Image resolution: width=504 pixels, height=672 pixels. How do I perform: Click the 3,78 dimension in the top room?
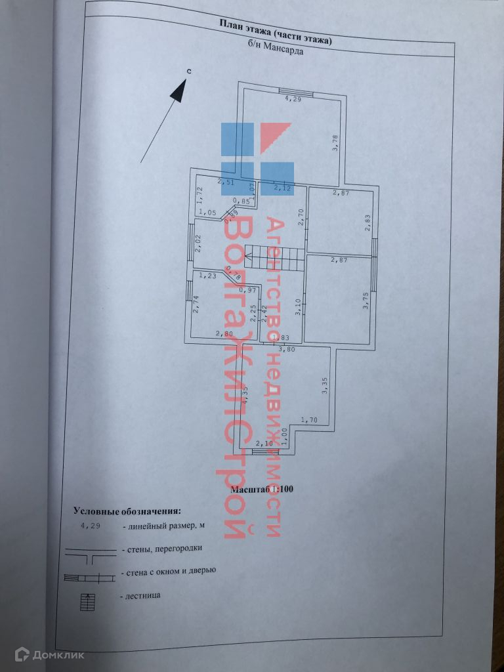click(x=335, y=142)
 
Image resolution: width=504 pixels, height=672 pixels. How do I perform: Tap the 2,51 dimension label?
click(x=226, y=182)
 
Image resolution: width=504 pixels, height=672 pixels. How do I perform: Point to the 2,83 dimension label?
click(x=369, y=223)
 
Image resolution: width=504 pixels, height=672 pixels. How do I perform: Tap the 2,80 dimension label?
click(x=224, y=333)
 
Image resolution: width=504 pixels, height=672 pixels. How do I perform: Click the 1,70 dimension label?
click(x=308, y=419)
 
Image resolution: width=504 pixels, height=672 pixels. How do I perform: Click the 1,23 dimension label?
click(x=208, y=276)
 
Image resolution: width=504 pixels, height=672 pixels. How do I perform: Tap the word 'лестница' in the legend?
click(x=140, y=595)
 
